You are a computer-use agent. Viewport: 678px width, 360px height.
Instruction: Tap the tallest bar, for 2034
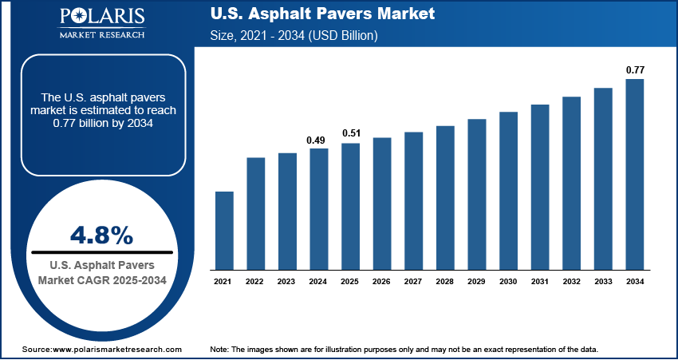click(x=634, y=174)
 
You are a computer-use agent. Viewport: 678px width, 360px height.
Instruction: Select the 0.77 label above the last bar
click(x=634, y=70)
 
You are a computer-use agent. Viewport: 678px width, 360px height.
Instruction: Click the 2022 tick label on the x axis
click(x=255, y=281)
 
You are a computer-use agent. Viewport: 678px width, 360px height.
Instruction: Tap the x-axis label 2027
click(x=413, y=281)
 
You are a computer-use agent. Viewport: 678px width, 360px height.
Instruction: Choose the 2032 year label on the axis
click(x=571, y=281)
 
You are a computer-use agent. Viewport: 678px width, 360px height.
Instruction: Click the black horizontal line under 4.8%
click(x=101, y=252)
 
